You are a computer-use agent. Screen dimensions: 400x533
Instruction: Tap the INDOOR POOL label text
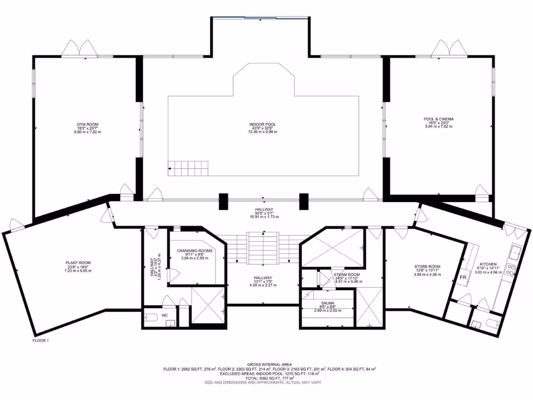pyautogui.click(x=262, y=124)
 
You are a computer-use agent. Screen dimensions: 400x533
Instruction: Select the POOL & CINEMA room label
pyautogui.click(x=438, y=119)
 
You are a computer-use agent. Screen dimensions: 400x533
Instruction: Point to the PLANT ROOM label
pyautogui.click(x=78, y=262)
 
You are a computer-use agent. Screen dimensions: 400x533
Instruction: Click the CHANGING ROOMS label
pyautogui.click(x=195, y=251)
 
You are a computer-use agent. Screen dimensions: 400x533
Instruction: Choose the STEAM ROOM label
pyautogui.click(x=347, y=274)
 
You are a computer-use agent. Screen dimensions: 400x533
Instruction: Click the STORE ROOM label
pyautogui.click(x=427, y=267)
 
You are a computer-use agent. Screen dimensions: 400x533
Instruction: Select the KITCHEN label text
pyautogui.click(x=488, y=264)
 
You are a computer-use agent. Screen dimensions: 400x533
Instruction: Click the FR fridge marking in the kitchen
pyautogui.click(x=463, y=278)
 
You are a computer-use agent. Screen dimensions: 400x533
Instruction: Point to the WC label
pyautogui.click(x=164, y=316)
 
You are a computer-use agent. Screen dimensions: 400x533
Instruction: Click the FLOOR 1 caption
pyautogui.click(x=40, y=340)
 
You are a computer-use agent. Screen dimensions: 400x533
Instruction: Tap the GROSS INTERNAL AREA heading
pyautogui.click(x=270, y=364)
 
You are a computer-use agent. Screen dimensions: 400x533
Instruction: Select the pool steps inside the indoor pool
pyautogui.click(x=188, y=168)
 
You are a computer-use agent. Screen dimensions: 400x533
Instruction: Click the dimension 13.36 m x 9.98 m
pyautogui.click(x=262, y=132)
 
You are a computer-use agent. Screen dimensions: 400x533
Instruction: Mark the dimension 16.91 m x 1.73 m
pyautogui.click(x=263, y=217)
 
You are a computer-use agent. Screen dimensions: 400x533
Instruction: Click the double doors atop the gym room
pyautogui.click(x=79, y=48)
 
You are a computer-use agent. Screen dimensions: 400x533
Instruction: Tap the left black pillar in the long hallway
pyautogui.click(x=223, y=202)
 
